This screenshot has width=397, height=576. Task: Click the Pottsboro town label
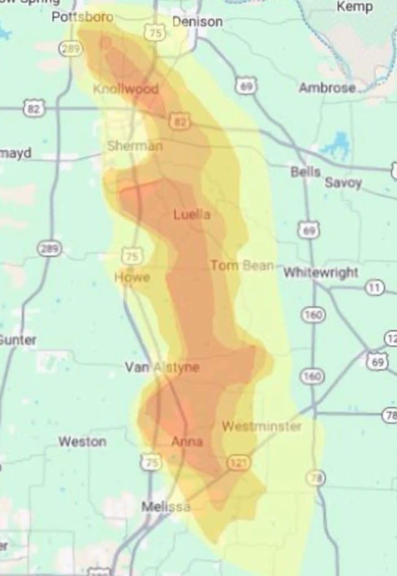(x=83, y=17)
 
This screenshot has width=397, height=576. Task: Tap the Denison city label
(x=197, y=21)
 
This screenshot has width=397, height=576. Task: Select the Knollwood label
(x=126, y=88)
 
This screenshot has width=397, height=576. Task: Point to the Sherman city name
(x=135, y=145)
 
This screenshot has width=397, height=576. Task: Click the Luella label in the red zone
(x=192, y=214)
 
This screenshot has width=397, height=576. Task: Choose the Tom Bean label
(x=242, y=266)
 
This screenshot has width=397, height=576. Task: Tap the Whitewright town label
(x=321, y=272)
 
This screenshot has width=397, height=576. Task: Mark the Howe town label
(x=132, y=277)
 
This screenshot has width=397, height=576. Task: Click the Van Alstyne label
(x=162, y=367)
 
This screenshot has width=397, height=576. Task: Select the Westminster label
(x=261, y=427)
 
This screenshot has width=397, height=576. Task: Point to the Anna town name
(x=187, y=442)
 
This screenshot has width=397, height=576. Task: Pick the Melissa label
(x=165, y=507)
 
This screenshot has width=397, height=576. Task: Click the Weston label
(x=82, y=441)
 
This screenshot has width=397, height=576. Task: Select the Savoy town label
(x=343, y=183)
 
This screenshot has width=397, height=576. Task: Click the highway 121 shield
(x=238, y=463)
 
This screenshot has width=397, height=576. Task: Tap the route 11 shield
(x=374, y=288)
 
